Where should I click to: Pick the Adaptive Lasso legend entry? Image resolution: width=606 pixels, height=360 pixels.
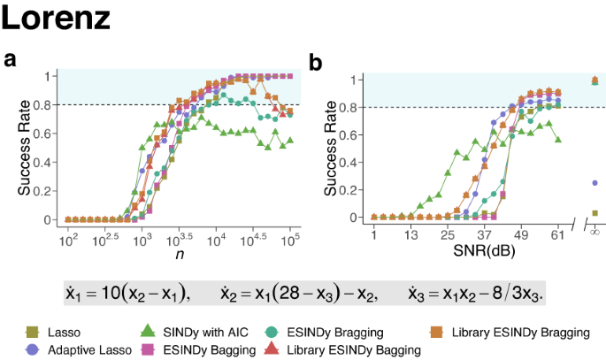(90, 349)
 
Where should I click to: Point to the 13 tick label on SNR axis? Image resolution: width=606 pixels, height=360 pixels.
(410, 234)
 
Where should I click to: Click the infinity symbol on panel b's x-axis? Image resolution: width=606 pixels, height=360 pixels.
(594, 232)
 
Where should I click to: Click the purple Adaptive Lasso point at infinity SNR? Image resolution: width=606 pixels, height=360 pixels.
(594, 183)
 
